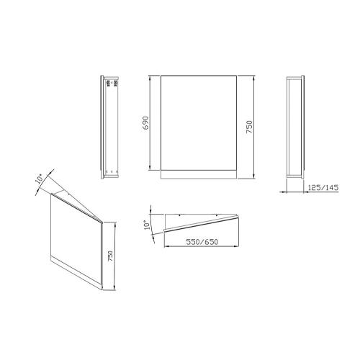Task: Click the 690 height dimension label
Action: [145, 123]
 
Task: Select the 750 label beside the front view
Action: [249, 127]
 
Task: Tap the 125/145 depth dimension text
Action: [323, 187]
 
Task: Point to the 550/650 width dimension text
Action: [202, 242]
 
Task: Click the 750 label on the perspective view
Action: [110, 256]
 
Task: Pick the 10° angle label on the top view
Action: [147, 225]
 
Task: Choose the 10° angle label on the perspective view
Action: [40, 179]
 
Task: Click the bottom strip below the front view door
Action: [199, 174]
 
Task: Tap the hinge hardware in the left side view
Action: [112, 84]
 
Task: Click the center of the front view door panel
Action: [199, 123]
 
